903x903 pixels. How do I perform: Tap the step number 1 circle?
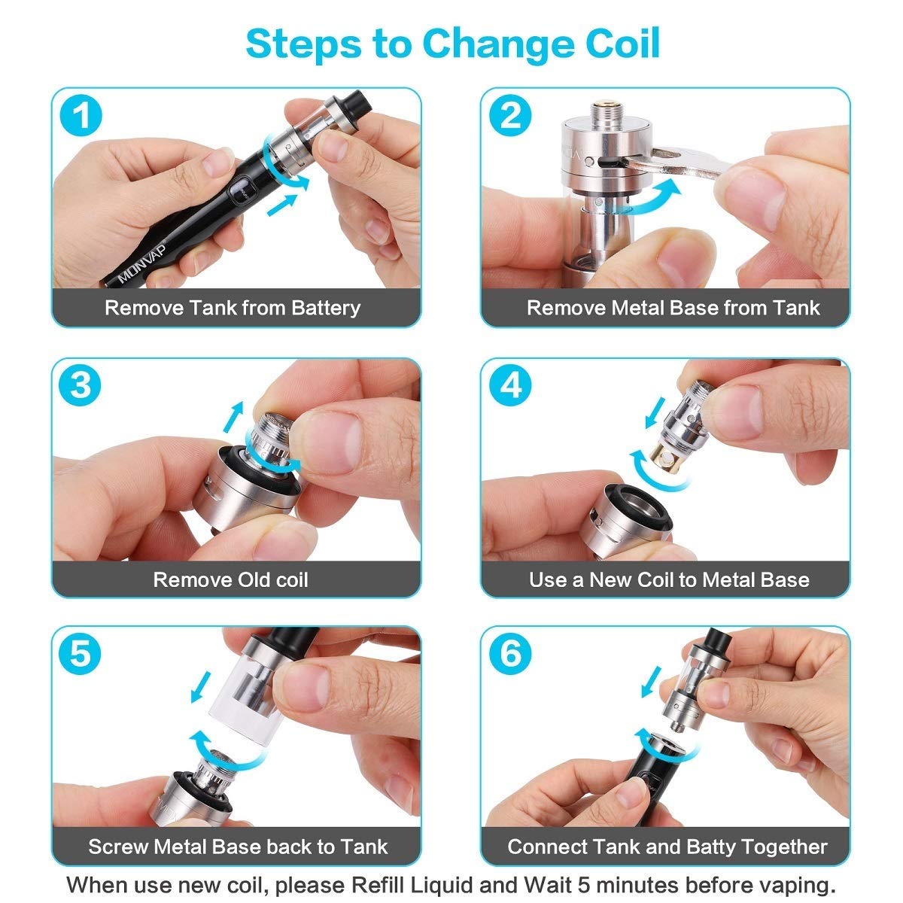[81, 117]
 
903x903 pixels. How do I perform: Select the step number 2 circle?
[510, 117]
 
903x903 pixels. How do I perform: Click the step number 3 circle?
[81, 385]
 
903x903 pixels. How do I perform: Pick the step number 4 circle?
[510, 385]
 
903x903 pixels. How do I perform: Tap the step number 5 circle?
[81, 652]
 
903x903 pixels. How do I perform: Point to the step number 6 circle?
[510, 652]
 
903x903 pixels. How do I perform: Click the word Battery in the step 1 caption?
[325, 308]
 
